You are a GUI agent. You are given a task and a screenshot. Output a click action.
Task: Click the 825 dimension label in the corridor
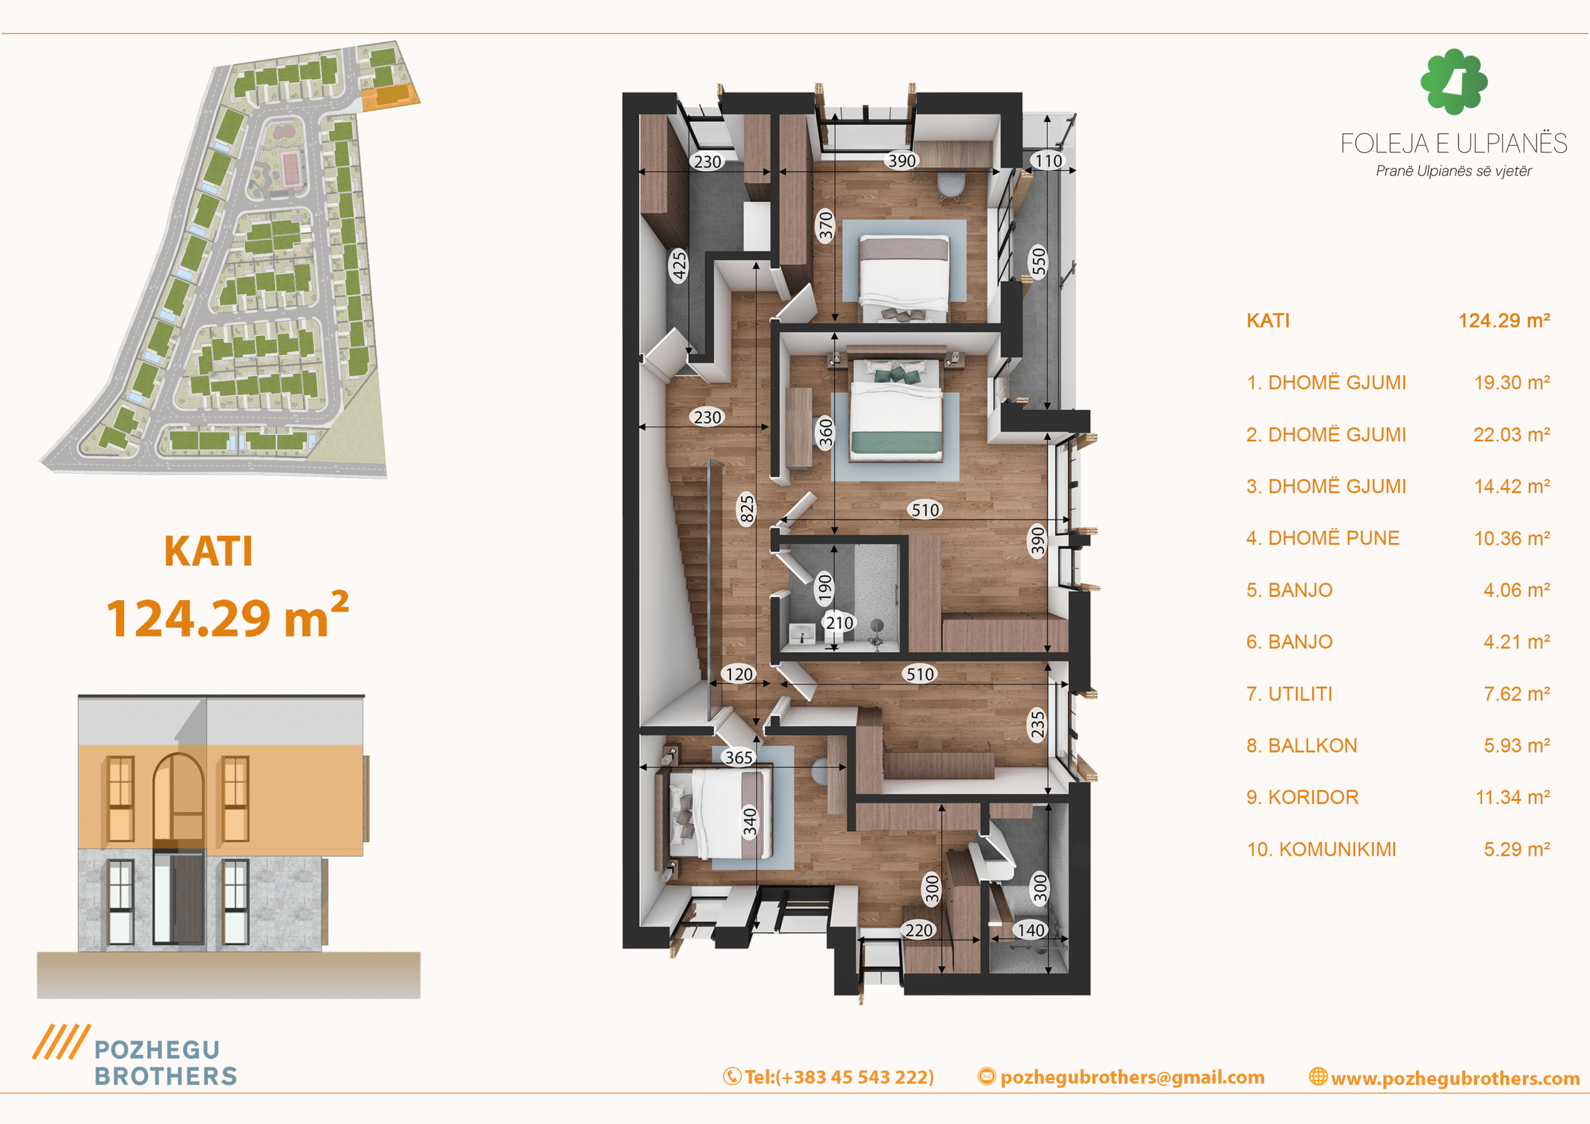coord(746,510)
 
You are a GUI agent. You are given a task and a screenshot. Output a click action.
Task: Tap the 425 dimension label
coord(679,265)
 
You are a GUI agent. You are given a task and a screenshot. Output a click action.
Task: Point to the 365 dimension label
coord(738,758)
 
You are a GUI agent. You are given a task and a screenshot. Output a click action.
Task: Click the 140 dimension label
coord(1030,930)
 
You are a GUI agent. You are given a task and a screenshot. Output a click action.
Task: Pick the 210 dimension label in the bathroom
coord(839,623)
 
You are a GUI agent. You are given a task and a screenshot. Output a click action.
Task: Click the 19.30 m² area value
coord(1512,383)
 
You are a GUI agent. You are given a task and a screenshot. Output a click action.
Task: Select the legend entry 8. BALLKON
coord(1302,745)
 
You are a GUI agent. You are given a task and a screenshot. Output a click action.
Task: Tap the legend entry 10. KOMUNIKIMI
coord(1321,849)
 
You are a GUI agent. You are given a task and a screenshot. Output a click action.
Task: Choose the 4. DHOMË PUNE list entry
coord(1323,538)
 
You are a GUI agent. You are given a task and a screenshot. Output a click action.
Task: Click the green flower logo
coord(1453,81)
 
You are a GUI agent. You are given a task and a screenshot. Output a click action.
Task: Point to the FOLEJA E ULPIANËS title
coord(1453,143)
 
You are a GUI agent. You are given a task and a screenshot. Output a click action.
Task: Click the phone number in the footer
coord(829,1077)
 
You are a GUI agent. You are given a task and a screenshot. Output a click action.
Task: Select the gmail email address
coord(1121,1077)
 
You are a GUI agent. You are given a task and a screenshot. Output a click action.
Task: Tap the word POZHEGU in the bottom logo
coord(157,1050)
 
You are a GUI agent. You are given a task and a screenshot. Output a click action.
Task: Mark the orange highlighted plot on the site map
coord(390,96)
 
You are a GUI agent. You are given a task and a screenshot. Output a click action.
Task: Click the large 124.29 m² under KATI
coord(228,615)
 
